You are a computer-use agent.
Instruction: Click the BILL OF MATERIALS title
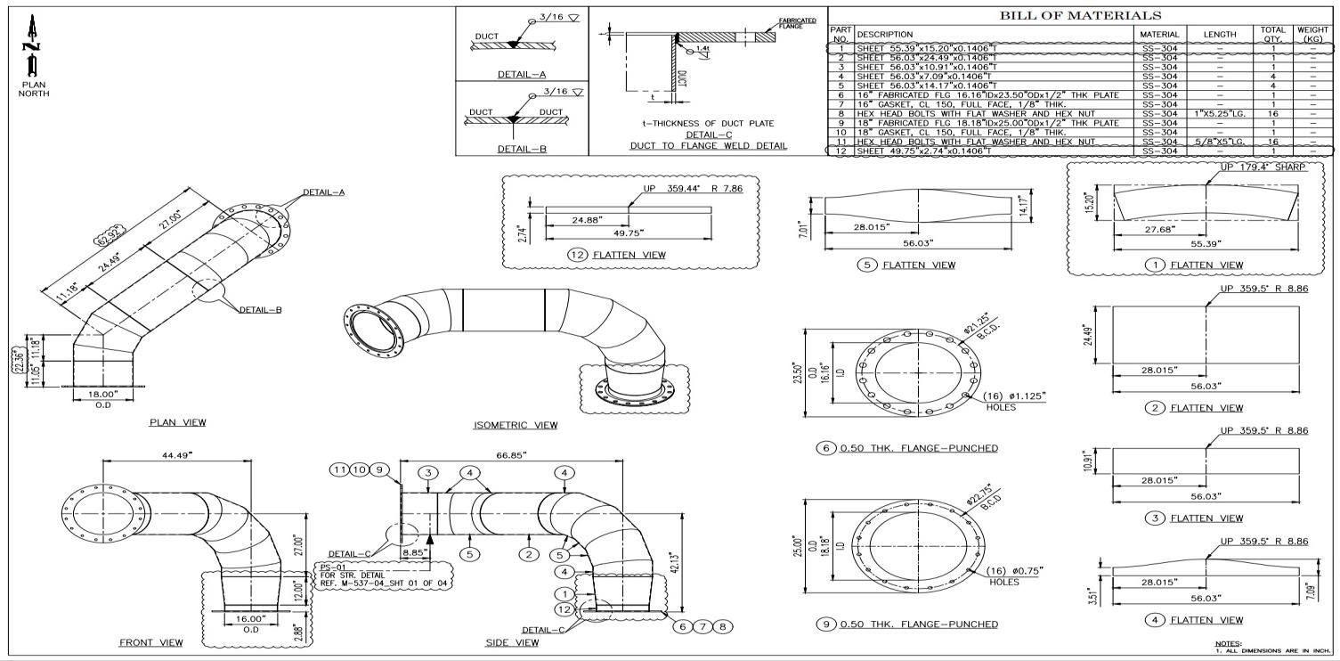1080,15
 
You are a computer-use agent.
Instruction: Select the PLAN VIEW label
177,422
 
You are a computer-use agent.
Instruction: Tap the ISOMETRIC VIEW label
516,425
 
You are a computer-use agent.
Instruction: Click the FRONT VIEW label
151,642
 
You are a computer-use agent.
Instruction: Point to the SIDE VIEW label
512,642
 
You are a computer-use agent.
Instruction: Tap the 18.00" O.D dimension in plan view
103,394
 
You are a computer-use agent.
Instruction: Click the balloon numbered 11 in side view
339,469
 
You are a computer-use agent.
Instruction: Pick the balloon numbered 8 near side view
725,626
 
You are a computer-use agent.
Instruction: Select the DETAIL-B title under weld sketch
522,149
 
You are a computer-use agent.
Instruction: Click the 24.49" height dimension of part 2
1087,335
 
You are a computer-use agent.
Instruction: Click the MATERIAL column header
1158,35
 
